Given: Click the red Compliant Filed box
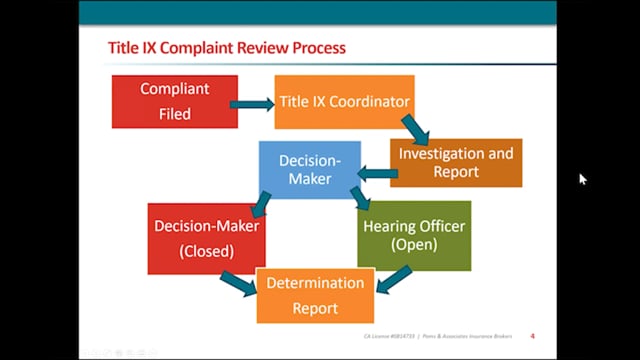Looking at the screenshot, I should click(x=175, y=100).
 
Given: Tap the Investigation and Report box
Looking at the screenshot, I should click(x=456, y=162).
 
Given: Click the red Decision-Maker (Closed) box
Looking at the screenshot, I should click(x=207, y=238).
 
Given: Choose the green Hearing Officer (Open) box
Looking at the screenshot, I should click(x=414, y=235).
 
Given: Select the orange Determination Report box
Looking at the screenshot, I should click(x=315, y=295).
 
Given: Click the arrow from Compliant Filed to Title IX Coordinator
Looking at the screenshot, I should click(x=251, y=102).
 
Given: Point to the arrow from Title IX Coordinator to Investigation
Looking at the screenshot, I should click(x=413, y=129).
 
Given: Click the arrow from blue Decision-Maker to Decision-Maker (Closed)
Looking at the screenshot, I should click(x=261, y=204).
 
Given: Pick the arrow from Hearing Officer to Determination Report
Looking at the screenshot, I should click(x=394, y=280).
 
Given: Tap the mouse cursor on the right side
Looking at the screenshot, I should click(x=583, y=179).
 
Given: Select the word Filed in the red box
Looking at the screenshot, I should click(x=175, y=113).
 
